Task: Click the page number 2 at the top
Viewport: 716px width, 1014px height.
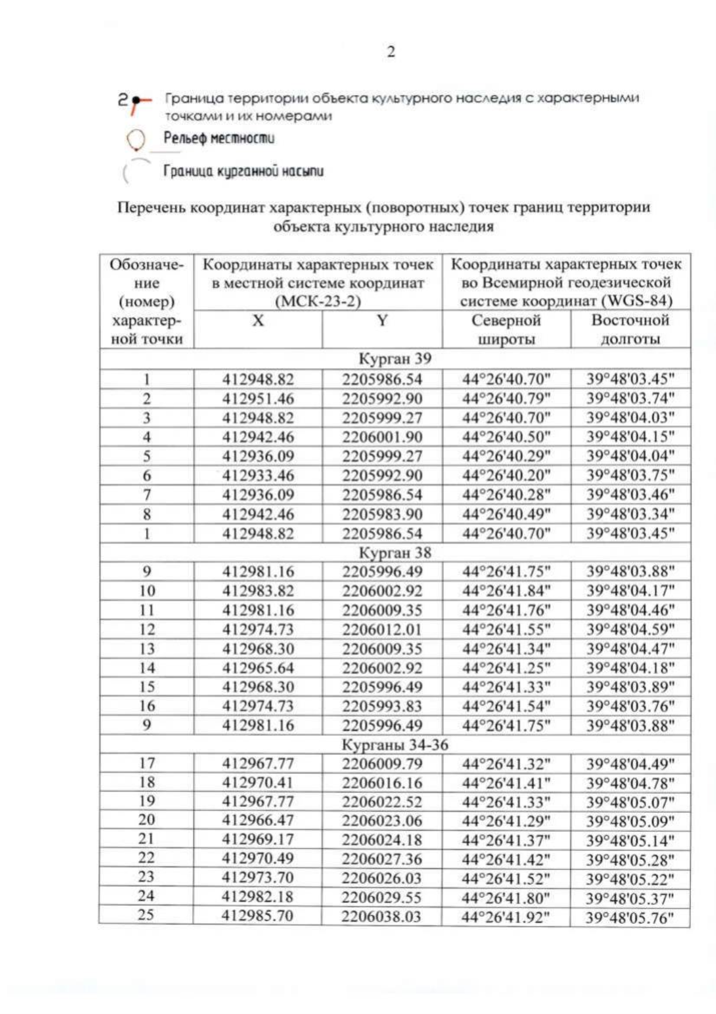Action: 391,52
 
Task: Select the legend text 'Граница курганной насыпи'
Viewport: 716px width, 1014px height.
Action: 243,172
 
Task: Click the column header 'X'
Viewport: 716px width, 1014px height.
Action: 258,321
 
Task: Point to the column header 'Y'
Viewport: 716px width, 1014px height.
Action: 382,321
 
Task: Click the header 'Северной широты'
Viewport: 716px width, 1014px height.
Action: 506,330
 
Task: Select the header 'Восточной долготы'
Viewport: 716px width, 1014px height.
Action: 630,330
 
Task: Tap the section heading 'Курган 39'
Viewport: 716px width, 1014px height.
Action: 394,359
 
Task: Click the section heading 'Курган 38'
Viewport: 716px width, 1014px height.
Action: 394,552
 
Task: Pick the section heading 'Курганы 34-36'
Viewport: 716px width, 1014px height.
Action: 394,745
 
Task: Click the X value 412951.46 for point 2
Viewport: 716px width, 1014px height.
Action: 258,398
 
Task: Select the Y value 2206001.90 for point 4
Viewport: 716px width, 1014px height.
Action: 382,437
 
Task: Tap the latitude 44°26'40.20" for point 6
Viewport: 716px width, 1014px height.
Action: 506,475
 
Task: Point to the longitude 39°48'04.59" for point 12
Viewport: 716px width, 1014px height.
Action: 630,629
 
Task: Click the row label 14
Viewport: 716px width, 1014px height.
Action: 147,668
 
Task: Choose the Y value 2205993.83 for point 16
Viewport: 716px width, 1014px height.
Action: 382,706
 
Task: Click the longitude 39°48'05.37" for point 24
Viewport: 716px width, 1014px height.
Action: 629,898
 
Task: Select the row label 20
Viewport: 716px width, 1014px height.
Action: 146,820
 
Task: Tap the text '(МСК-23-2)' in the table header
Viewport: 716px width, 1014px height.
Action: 317,301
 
